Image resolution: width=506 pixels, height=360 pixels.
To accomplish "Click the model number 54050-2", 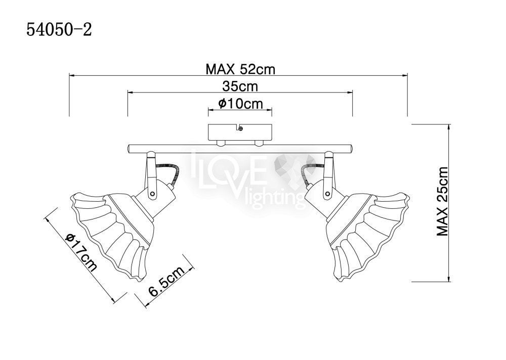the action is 59,30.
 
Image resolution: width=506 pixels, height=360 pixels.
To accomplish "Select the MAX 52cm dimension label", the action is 240,69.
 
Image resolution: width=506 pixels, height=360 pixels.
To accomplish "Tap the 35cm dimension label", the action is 240,86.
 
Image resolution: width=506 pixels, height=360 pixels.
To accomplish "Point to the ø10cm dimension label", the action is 240,104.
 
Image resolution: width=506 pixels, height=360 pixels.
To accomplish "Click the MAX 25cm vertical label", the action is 442,202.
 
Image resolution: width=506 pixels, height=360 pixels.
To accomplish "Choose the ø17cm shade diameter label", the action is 81,252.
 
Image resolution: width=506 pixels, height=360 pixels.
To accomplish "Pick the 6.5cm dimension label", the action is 166,280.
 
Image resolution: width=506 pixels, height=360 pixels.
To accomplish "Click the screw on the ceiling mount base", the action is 240,129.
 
